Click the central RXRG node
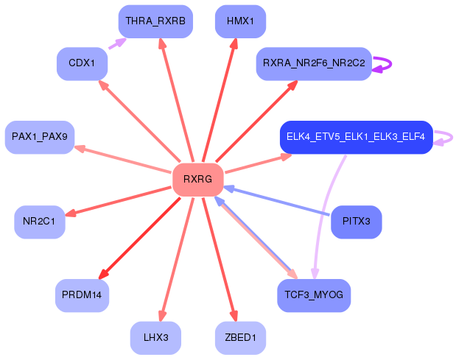197,180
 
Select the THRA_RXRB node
155,21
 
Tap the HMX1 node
240,21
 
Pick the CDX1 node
82,63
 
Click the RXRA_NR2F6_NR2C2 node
314,63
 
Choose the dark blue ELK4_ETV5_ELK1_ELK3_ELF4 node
357,137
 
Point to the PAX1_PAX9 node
40,137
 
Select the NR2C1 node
40,222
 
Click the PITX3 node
357,222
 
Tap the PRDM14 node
82,295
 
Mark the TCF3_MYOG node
314,295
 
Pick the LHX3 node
155,338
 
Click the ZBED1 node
240,338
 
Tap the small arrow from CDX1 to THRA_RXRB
117,43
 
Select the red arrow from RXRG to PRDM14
139,239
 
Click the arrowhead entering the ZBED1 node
234,316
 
